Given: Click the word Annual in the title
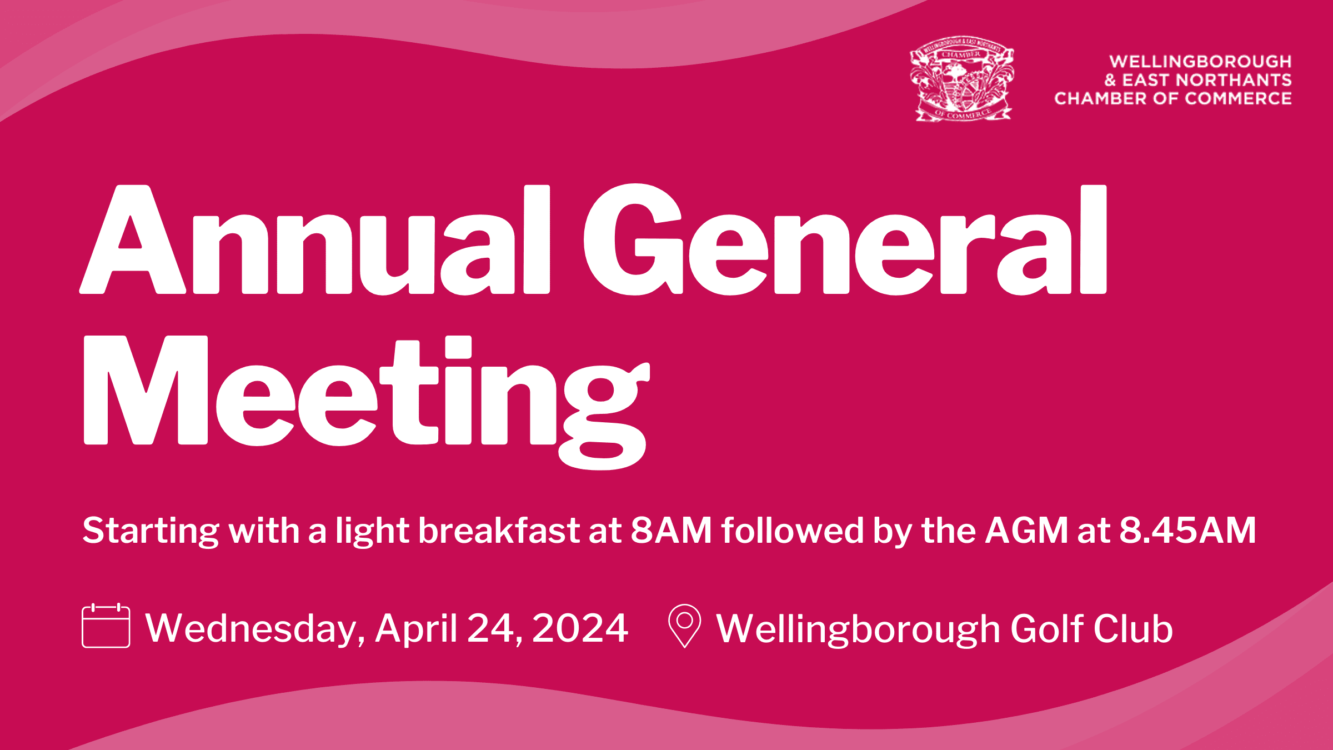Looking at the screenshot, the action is [x=314, y=239].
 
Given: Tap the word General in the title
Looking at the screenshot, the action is [x=845, y=239].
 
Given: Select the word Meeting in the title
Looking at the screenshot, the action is [x=367, y=402].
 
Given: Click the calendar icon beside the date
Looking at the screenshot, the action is [x=106, y=626].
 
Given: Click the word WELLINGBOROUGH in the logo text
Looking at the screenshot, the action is [x=1200, y=61].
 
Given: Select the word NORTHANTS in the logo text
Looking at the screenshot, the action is [x=1234, y=80].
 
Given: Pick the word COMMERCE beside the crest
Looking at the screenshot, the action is [x=1238, y=98].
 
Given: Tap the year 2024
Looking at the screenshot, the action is [x=580, y=628].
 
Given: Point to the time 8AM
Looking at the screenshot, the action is [x=671, y=530].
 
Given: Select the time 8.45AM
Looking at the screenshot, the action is [x=1187, y=530].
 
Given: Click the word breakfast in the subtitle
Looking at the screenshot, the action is [x=499, y=530].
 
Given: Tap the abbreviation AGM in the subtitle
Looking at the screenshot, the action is [x=1026, y=530].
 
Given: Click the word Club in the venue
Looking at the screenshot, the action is [x=1133, y=628].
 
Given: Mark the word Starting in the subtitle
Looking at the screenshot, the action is [x=151, y=531].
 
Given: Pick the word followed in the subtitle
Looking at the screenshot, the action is [x=793, y=530].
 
